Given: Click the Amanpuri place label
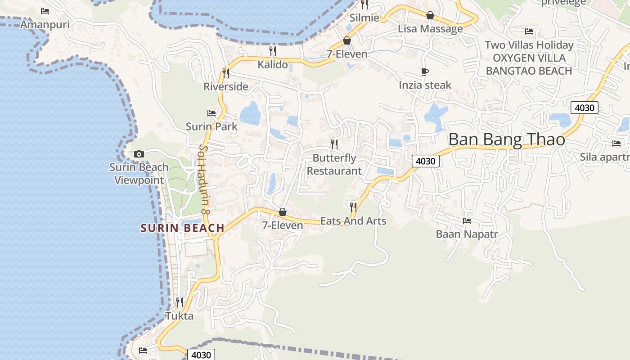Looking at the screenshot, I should click(45, 24).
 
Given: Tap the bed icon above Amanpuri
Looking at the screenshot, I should click(45, 11).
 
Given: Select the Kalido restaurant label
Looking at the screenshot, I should click(273, 65).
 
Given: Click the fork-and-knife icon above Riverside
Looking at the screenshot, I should click(226, 72).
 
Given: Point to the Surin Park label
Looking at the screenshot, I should click(211, 126).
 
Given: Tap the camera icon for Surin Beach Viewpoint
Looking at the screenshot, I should click(139, 154).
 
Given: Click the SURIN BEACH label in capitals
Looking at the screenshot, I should click(183, 228).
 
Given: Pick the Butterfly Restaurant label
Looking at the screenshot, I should click(334, 165).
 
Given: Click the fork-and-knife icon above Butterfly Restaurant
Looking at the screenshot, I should click(334, 144).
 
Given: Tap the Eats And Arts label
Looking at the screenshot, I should click(353, 221).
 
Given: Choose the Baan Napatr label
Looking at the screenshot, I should click(467, 234).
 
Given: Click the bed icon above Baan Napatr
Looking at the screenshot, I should click(467, 221).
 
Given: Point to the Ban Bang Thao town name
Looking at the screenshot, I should click(507, 139).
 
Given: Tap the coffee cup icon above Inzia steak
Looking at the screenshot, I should click(425, 72).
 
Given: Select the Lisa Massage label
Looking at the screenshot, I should click(430, 29).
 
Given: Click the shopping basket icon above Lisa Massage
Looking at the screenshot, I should click(430, 15).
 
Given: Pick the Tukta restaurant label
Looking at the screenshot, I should click(180, 316).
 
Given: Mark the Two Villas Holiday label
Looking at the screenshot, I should click(529, 45).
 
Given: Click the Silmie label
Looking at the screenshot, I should click(364, 18).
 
